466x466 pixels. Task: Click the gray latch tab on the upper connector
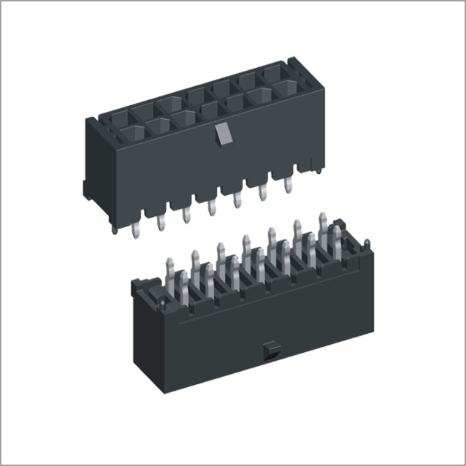click(222, 133)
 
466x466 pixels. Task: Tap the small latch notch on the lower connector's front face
click(270, 349)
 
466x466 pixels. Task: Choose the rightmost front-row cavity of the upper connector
click(286, 88)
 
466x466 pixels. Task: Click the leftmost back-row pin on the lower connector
click(170, 272)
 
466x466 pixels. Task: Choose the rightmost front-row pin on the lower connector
click(335, 242)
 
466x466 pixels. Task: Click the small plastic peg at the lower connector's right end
click(367, 245)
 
